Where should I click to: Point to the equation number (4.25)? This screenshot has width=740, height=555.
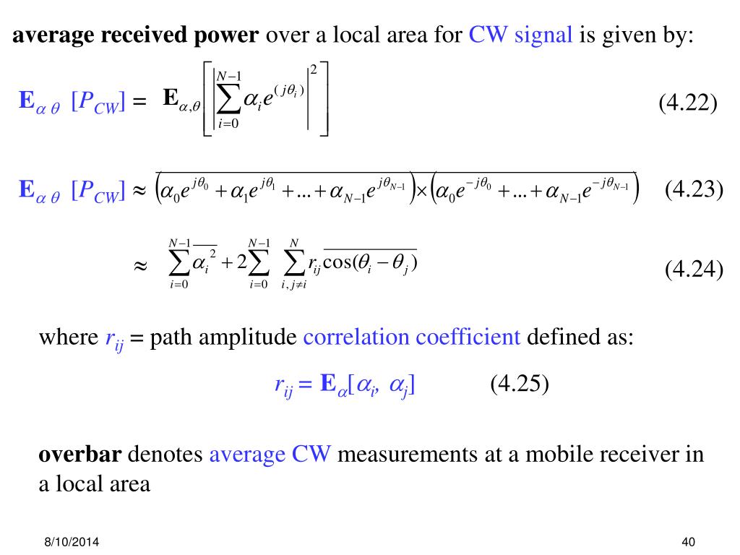pos(520,384)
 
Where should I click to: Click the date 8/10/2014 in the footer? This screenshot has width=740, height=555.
pos(70,542)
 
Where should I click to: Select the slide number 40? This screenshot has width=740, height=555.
pos(687,542)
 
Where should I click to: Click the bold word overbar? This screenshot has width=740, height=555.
pos(80,455)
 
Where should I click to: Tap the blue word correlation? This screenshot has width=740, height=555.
pos(351,337)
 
